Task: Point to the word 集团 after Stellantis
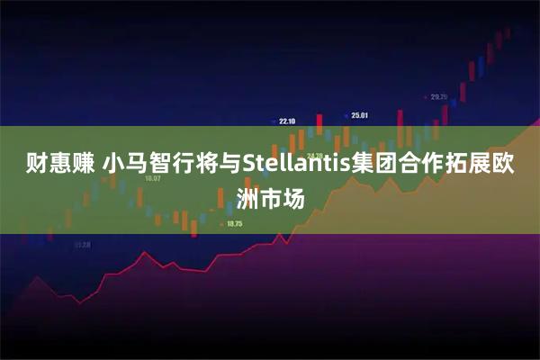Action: [373, 166]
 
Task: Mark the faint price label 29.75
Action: [438, 96]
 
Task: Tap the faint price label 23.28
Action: [82, 244]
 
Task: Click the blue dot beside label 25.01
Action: [346, 115]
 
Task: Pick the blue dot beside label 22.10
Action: [274, 121]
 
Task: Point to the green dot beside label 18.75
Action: [222, 223]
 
